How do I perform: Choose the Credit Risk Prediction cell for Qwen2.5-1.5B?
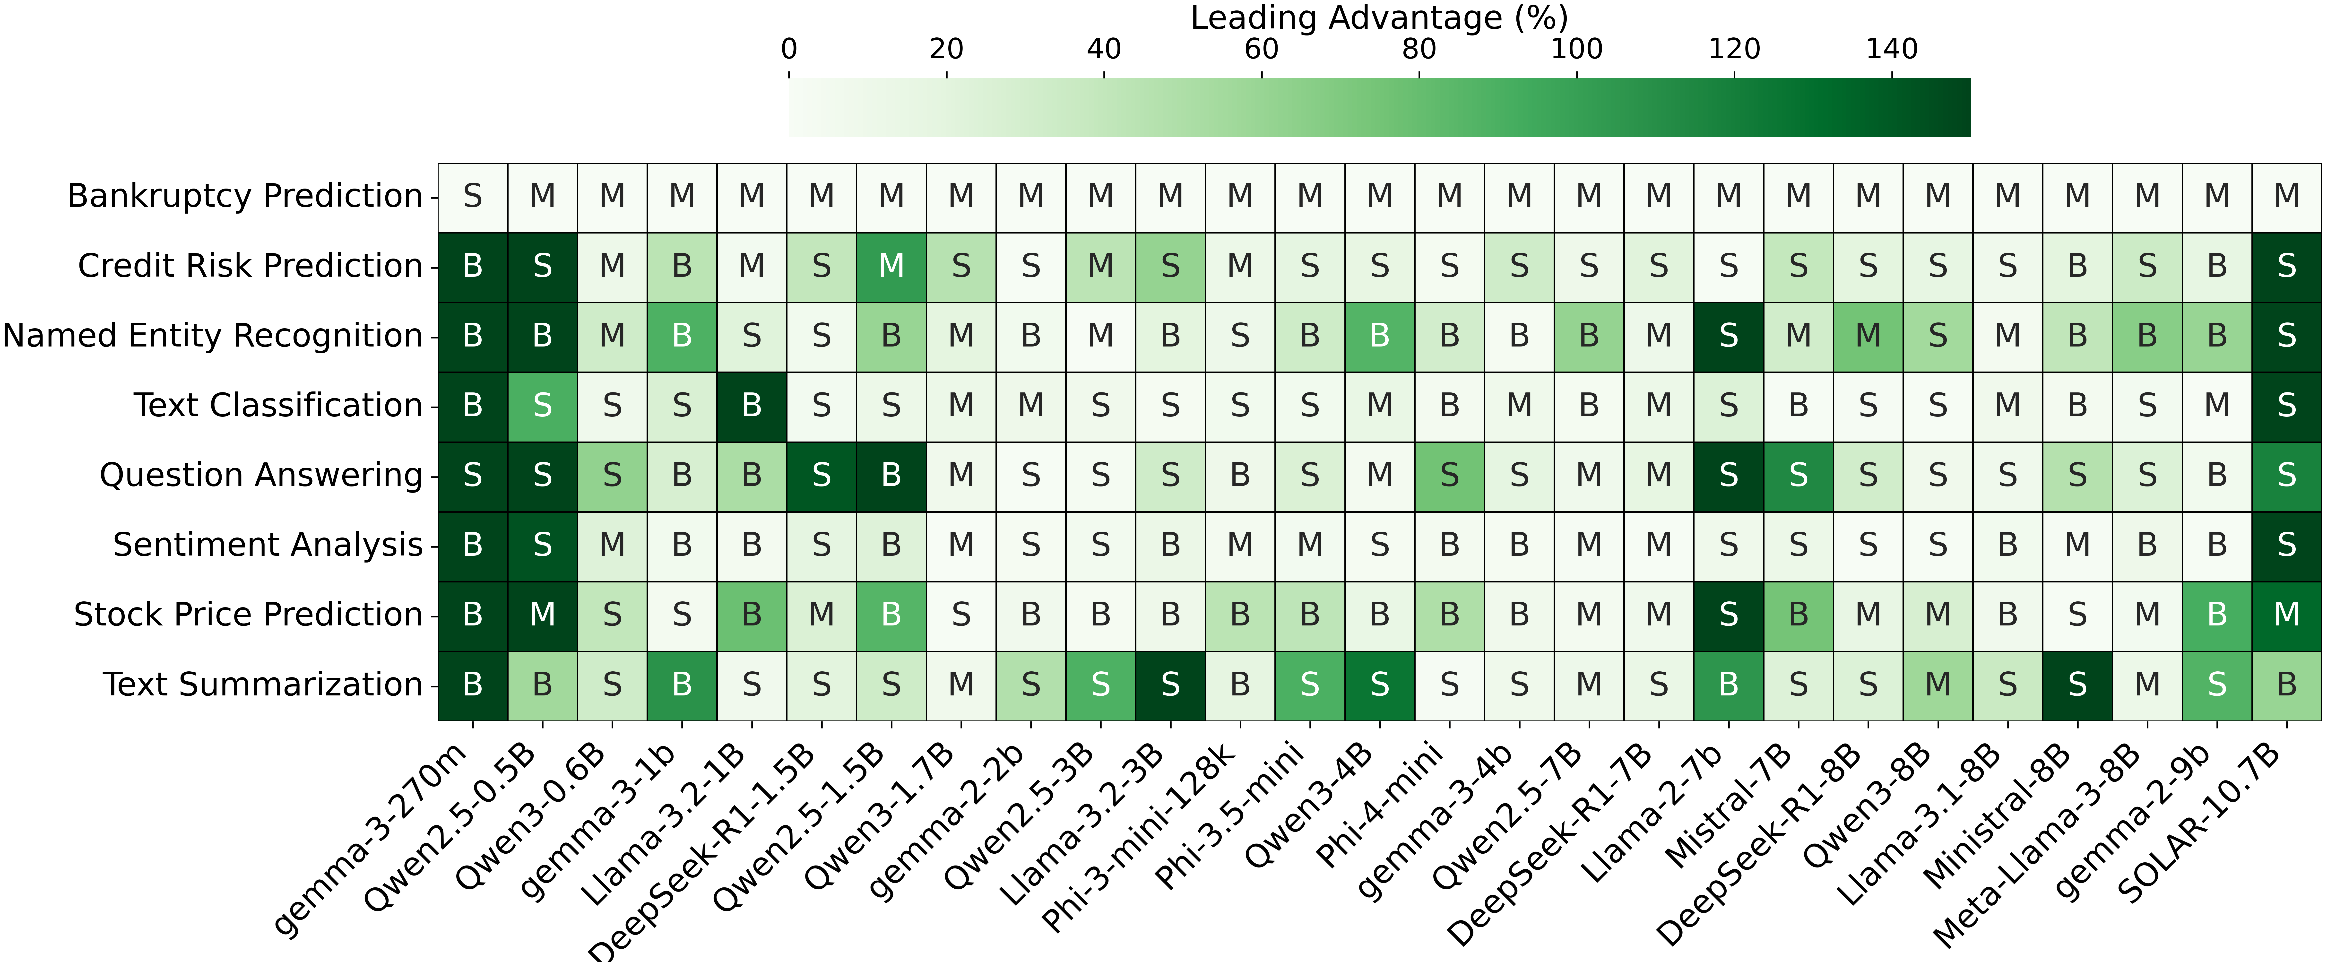click(x=891, y=266)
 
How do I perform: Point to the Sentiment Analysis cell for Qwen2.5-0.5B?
click(x=542, y=545)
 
